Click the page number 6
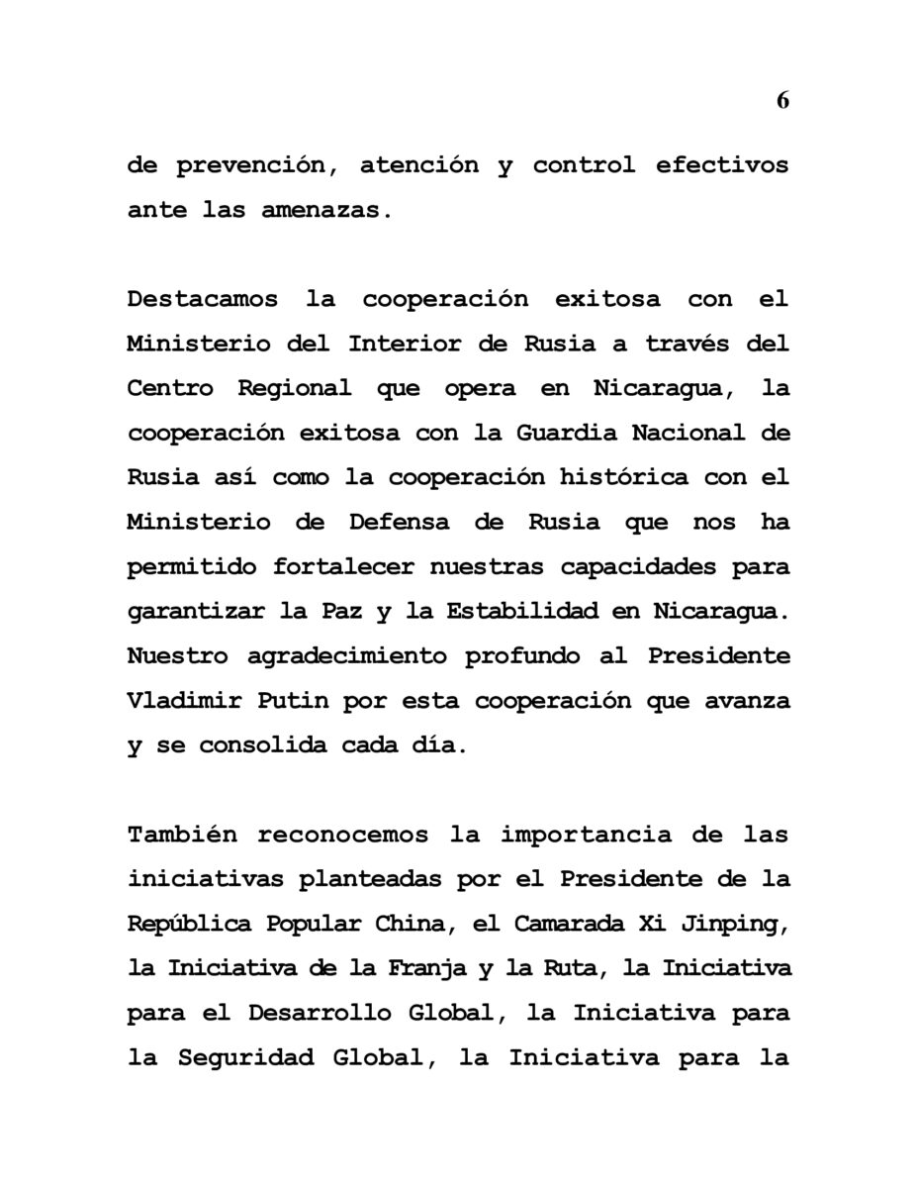(782, 100)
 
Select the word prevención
(252, 166)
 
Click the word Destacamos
(202, 299)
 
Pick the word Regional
(294, 388)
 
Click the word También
(183, 835)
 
